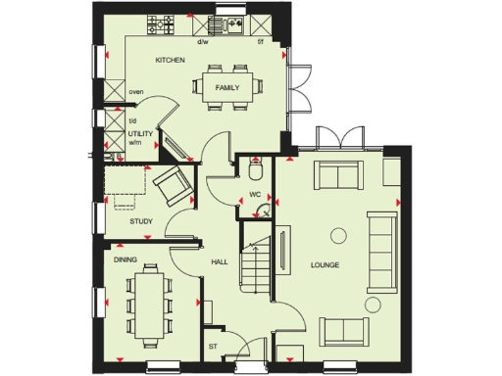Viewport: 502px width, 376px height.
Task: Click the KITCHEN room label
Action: point(170,61)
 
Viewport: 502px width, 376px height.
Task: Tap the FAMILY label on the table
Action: point(227,88)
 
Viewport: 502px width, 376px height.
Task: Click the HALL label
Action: point(220,261)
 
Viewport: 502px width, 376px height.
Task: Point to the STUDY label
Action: point(141,221)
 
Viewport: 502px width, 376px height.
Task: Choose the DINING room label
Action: point(125,260)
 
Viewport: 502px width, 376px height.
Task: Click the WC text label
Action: point(254,194)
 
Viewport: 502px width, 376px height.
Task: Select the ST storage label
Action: point(213,346)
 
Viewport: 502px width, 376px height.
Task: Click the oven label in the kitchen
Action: point(135,94)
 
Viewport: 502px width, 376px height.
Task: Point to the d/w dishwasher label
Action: point(203,43)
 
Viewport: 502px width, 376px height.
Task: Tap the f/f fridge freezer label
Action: point(260,43)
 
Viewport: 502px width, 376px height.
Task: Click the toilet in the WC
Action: point(256,171)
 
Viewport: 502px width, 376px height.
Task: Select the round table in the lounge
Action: point(338,234)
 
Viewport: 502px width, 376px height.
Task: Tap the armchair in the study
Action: point(169,184)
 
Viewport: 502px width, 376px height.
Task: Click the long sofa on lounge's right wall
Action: point(378,249)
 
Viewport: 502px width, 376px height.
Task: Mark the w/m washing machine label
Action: point(134,140)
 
